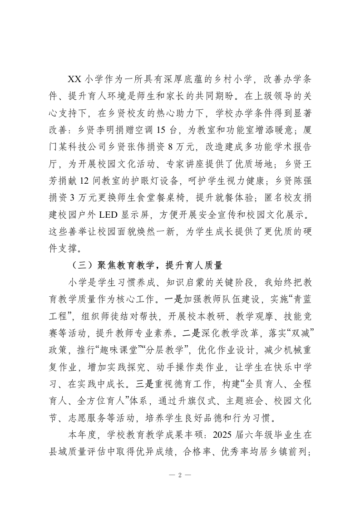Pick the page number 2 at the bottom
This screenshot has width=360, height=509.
[180, 475]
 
